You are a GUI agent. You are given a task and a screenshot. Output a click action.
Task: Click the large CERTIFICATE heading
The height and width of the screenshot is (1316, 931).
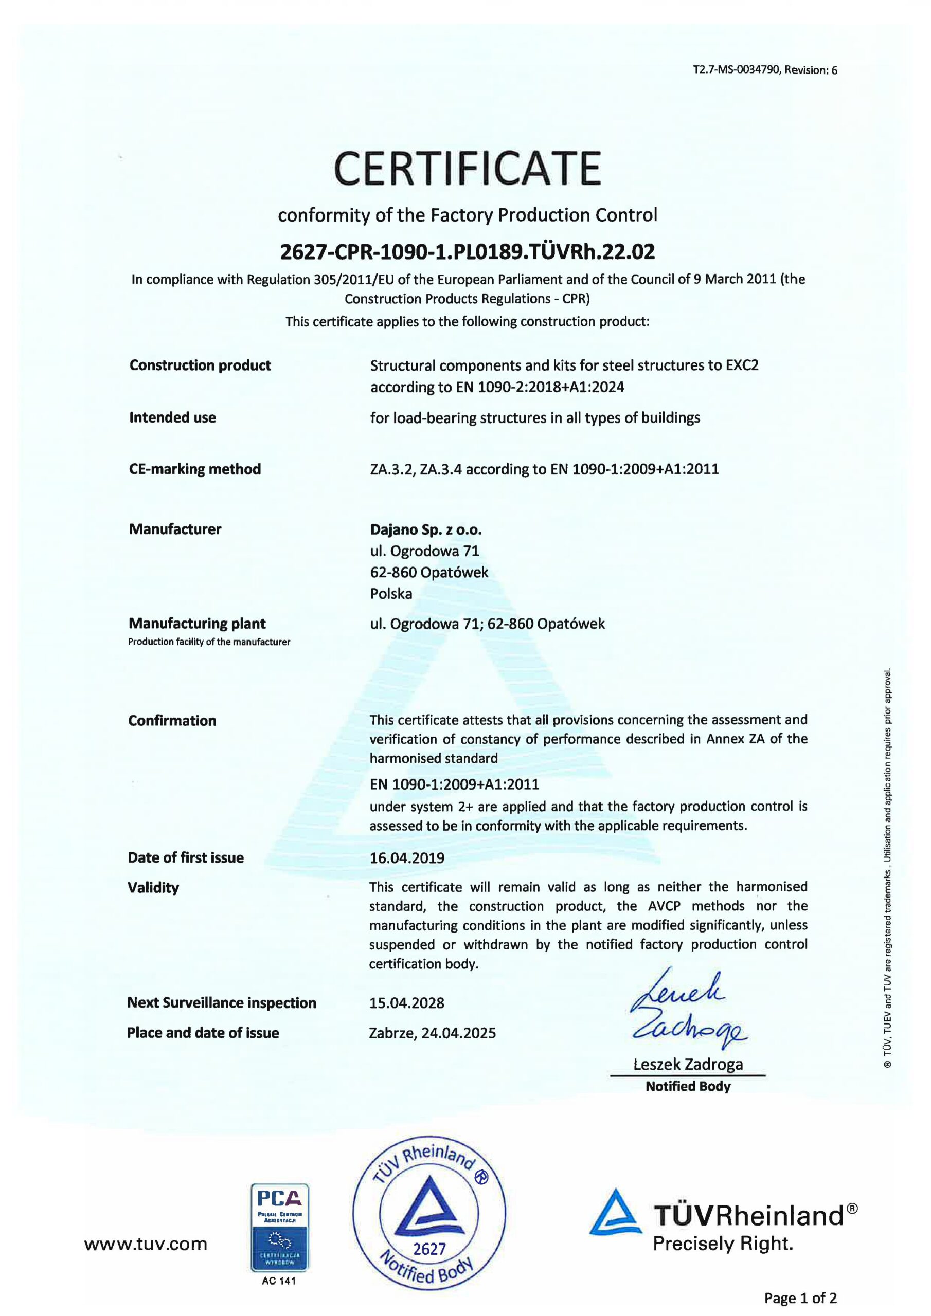pyautogui.click(x=467, y=168)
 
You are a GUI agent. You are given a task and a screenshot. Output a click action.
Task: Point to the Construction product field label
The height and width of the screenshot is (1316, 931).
pyautogui.click(x=200, y=365)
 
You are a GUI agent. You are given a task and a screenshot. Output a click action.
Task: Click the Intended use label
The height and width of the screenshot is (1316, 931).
pyautogui.click(x=173, y=417)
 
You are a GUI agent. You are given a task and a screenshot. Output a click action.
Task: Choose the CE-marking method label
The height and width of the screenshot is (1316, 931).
pyautogui.click(x=195, y=469)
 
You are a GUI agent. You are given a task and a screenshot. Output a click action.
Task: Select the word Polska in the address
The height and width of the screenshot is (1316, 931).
pyautogui.click(x=391, y=594)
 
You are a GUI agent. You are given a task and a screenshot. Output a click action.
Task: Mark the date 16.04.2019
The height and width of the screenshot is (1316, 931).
pyautogui.click(x=407, y=857)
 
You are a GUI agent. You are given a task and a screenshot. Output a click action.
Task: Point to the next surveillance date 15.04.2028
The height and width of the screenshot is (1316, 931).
pyautogui.click(x=407, y=1002)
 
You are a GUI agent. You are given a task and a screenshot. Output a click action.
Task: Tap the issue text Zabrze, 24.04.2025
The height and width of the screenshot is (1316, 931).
pyautogui.click(x=433, y=1033)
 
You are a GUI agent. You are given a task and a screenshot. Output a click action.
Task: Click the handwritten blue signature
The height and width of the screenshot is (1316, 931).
pyautogui.click(x=686, y=1010)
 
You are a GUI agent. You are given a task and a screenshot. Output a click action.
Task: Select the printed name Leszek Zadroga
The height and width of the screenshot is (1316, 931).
pyautogui.click(x=688, y=1065)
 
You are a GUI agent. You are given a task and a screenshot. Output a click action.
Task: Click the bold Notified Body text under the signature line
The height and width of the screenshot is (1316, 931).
pyautogui.click(x=688, y=1086)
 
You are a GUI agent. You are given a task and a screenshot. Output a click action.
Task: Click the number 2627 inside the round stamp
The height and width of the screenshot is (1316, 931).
pyautogui.click(x=429, y=1249)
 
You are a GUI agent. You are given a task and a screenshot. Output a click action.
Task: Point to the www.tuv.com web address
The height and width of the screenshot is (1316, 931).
pyautogui.click(x=146, y=1244)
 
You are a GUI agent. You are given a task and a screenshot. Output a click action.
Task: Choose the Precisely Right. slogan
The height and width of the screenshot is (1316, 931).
pyautogui.click(x=723, y=1244)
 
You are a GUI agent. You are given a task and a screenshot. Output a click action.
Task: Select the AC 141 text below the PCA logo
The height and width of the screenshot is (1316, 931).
pyautogui.click(x=279, y=1281)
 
